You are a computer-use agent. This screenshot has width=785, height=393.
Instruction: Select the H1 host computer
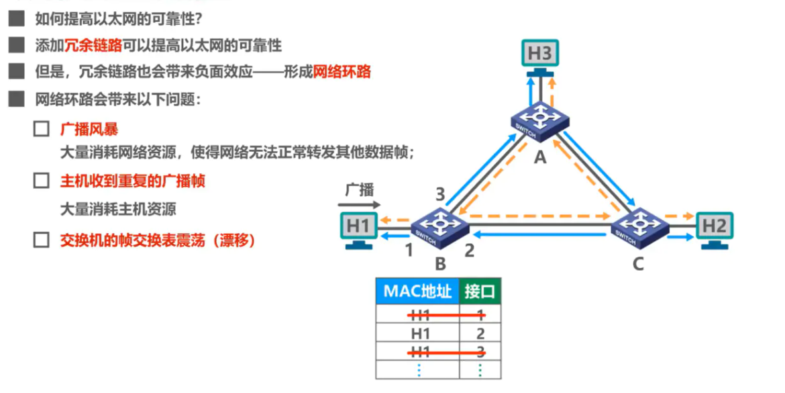[359, 228]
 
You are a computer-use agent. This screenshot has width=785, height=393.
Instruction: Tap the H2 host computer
[715, 228]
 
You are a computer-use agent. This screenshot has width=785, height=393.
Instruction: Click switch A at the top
[540, 122]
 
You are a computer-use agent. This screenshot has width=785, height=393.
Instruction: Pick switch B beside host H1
[440, 225]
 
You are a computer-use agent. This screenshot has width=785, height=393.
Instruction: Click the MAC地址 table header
[417, 291]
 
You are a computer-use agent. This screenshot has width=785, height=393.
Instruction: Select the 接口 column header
[480, 291]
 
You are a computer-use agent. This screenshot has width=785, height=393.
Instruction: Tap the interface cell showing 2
[480, 333]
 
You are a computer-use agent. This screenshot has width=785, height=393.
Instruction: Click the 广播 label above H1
[359, 189]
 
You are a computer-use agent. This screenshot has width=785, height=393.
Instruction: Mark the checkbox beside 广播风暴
[42, 129]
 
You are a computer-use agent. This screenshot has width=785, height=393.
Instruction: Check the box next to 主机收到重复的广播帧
[42, 181]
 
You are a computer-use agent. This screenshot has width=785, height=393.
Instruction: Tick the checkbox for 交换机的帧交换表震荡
[42, 240]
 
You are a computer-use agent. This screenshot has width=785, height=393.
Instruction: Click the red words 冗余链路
[93, 46]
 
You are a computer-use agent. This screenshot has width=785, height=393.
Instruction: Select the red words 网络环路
[342, 72]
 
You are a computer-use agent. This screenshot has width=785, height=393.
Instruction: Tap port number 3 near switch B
[440, 195]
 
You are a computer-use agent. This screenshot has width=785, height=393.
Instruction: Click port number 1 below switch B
[407, 251]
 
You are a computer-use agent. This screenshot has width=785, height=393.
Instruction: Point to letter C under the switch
[637, 263]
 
